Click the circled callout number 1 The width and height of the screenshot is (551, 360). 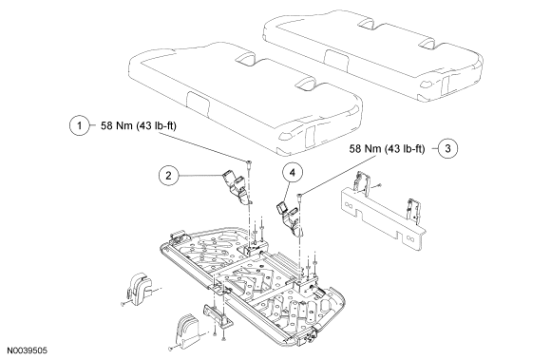click(x=80, y=125)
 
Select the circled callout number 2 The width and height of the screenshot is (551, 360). click(x=169, y=175)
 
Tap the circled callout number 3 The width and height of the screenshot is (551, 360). click(x=447, y=148)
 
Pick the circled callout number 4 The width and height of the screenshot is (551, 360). click(x=293, y=172)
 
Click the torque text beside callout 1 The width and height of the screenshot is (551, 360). click(x=139, y=125)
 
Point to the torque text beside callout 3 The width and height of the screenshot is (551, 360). click(x=387, y=149)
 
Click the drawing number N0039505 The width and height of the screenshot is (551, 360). click(x=28, y=351)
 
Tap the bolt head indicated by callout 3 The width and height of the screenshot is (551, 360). click(x=300, y=196)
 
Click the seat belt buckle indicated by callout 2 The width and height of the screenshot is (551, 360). click(x=237, y=187)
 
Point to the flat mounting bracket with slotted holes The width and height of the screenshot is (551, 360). click(x=383, y=218)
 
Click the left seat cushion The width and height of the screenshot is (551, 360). click(x=246, y=99)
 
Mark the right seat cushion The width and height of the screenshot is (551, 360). click(x=372, y=54)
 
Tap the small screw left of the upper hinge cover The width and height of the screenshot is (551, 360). click(x=123, y=304)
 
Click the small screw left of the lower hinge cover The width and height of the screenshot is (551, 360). click(x=171, y=349)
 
